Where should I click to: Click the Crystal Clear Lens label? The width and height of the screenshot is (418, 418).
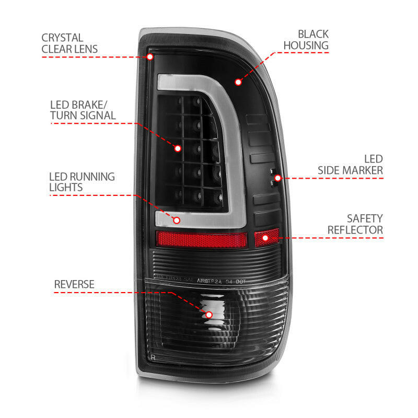(x=69, y=43)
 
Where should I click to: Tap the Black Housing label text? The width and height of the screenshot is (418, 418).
(x=306, y=39)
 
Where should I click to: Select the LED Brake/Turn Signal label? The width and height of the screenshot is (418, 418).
(x=83, y=109)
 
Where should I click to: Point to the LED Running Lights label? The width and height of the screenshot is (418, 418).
(x=82, y=181)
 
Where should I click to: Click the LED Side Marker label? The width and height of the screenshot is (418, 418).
(x=351, y=164)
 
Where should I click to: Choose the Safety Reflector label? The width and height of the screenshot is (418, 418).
(x=355, y=224)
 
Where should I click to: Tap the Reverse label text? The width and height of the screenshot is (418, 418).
(x=74, y=284)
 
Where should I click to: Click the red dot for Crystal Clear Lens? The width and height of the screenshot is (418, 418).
(x=150, y=56)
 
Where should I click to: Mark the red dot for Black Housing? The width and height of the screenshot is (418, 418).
(x=238, y=82)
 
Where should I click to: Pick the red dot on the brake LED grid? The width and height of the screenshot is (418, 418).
(x=178, y=148)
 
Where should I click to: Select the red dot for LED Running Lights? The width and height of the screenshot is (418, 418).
(x=177, y=220)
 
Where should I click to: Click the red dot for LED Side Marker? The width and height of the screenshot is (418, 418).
(x=278, y=178)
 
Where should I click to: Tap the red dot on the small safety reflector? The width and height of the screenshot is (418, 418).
(x=266, y=238)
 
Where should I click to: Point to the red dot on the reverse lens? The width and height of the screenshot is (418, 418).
(x=209, y=315)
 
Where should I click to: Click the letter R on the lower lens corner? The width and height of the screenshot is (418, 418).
(x=153, y=357)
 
